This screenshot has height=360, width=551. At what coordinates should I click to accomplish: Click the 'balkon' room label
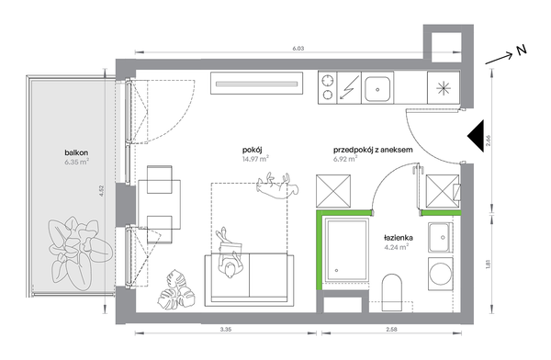(76, 152)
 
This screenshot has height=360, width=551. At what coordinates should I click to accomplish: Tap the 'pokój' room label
(253, 150)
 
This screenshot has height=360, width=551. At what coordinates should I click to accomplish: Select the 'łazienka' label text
(399, 238)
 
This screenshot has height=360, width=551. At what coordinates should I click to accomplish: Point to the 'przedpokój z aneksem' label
(373, 150)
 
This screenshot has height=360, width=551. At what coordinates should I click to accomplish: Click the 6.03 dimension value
(298, 49)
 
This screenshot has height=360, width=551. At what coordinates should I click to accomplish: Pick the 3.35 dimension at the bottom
(226, 330)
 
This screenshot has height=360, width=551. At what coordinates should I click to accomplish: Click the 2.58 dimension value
(391, 330)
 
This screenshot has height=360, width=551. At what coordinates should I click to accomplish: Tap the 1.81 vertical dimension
(488, 264)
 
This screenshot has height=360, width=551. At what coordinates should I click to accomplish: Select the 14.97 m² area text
(255, 159)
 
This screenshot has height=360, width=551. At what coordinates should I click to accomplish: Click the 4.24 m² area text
(397, 247)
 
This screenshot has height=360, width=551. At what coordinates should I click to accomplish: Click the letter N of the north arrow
(522, 51)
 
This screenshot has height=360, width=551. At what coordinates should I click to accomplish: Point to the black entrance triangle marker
(476, 136)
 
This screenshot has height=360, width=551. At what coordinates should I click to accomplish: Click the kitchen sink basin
(377, 89)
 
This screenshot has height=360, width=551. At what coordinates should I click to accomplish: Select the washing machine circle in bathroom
(441, 275)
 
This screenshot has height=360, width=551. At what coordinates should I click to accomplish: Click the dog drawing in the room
(277, 186)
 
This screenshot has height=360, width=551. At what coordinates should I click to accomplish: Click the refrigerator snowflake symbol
(444, 88)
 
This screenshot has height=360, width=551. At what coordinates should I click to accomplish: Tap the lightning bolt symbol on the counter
(349, 88)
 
